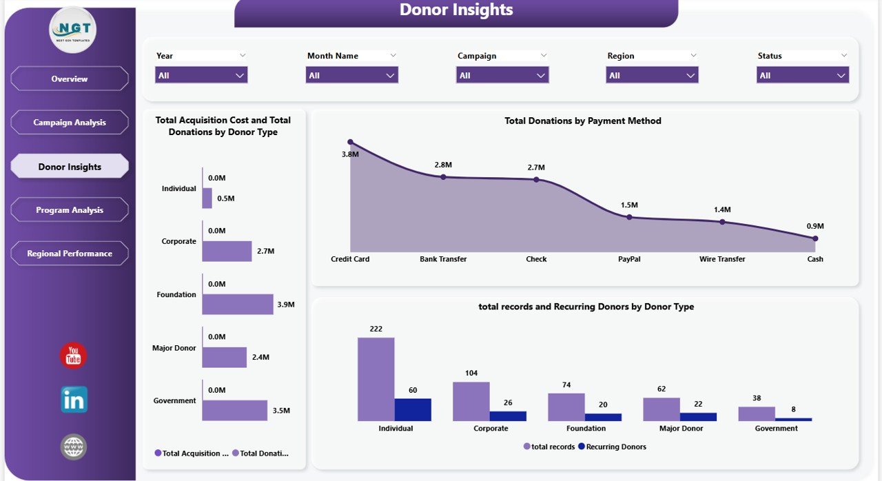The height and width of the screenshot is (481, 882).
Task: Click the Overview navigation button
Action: [70, 79]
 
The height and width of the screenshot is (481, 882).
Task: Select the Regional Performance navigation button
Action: [70, 254]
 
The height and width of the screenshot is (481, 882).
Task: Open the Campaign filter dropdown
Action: [502, 75]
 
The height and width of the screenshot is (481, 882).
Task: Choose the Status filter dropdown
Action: [802, 75]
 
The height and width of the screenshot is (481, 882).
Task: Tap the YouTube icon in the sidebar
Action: [74, 356]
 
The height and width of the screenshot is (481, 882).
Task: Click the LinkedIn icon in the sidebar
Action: [74, 400]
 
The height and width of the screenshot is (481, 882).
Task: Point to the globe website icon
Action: [74, 447]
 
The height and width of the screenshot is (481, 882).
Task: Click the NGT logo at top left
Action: [73, 30]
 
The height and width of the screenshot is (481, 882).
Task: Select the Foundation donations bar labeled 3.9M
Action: [237, 305]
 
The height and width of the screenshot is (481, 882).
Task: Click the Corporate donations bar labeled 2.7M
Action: [227, 252]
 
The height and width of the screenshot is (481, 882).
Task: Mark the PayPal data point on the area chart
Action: [629, 217]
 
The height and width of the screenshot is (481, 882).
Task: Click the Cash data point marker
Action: [815, 238]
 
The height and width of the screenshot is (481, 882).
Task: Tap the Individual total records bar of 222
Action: [376, 379]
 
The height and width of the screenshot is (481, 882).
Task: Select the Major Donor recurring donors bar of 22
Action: [698, 417]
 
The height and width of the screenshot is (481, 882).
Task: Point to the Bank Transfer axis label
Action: [443, 259]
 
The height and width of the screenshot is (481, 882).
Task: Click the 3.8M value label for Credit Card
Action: [350, 154]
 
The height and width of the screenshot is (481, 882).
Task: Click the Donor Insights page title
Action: [456, 10]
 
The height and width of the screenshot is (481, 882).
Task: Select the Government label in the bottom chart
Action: [776, 428]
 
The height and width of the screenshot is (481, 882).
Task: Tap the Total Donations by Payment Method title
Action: [582, 121]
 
